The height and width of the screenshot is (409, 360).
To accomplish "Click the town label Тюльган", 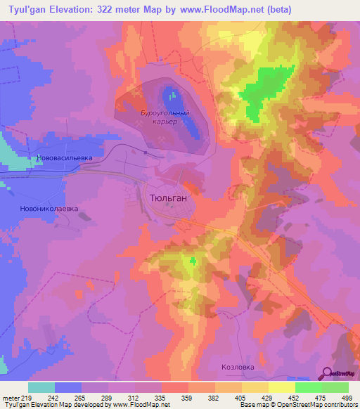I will click(169, 199).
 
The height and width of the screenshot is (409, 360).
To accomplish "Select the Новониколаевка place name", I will click(54, 209).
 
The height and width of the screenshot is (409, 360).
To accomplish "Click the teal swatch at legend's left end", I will click(41, 387).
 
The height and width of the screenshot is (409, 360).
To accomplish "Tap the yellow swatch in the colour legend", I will click(281, 387).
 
